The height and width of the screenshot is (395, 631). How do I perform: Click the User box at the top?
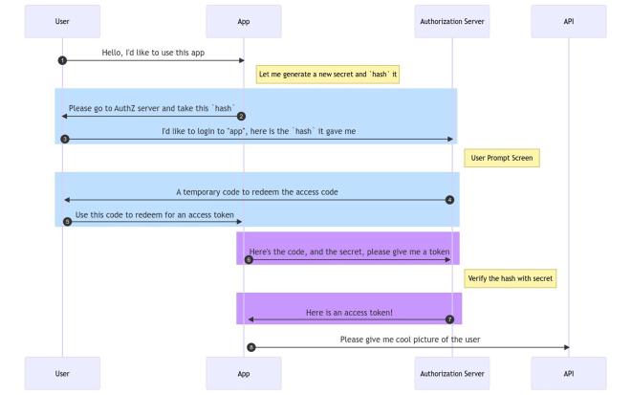62,20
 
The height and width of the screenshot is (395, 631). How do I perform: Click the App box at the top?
244,20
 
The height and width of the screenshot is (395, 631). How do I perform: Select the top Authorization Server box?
452,20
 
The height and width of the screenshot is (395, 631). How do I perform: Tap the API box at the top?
569,20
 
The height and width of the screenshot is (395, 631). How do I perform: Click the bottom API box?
569,372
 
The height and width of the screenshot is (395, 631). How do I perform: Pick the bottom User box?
62,372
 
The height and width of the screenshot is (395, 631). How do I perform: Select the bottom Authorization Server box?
452,372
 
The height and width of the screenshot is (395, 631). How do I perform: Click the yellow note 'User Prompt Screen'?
501,157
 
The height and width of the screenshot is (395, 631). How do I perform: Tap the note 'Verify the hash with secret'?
511,278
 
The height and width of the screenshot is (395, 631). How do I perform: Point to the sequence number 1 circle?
62,60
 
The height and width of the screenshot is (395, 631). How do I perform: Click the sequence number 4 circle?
449,200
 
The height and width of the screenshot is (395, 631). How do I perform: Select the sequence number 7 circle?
449,318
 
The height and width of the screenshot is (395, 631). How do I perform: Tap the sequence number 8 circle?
250,347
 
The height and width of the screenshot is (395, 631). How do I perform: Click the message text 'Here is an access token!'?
349,312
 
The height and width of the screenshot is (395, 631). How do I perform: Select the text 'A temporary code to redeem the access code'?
256,191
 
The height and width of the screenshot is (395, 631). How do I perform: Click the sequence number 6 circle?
249,259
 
